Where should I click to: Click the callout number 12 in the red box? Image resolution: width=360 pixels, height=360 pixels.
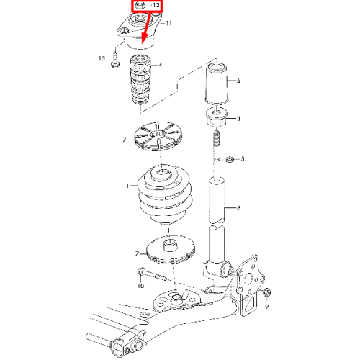(x=156, y=5)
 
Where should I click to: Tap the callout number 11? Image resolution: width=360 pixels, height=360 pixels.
(x=169, y=23)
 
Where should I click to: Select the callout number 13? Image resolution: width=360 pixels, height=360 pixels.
(x=102, y=58)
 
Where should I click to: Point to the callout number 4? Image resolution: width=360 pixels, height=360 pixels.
(x=161, y=65)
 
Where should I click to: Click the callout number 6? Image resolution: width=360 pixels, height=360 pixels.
(x=238, y=81)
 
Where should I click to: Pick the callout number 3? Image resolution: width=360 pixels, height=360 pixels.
(x=238, y=119)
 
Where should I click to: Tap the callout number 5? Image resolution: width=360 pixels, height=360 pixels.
(x=243, y=159)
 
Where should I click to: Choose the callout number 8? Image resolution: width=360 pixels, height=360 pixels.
(x=238, y=208)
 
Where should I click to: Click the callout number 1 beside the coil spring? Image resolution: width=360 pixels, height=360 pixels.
(x=127, y=186)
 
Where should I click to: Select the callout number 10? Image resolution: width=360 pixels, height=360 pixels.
(x=140, y=286)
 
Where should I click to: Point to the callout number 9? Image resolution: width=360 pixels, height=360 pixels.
(x=266, y=307)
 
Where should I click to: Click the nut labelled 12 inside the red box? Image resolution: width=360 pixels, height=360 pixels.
(x=139, y=6)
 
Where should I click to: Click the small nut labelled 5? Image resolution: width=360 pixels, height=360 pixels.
(x=230, y=159)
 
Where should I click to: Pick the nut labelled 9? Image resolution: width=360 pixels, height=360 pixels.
(x=267, y=292)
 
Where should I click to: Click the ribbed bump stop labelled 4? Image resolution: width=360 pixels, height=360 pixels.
(x=140, y=80)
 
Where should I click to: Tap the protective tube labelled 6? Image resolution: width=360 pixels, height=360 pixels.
(x=217, y=84)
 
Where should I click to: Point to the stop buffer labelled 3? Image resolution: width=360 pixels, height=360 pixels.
(x=217, y=117)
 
